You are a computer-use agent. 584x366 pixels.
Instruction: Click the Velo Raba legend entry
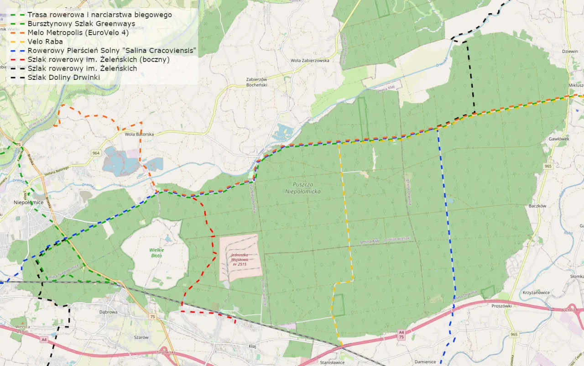coord(45,42)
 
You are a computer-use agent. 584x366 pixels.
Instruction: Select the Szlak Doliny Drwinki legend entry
coord(63,77)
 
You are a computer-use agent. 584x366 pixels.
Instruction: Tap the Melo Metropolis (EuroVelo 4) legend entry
coord(78,32)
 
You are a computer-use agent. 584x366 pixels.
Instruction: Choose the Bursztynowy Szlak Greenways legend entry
coord(81,24)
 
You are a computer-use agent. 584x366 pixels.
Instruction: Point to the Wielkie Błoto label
coord(156,252)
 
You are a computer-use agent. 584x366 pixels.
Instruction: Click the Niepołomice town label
coord(28,202)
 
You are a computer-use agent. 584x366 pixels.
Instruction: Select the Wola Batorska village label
coord(139,134)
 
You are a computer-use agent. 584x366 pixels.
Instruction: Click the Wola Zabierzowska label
coord(309,60)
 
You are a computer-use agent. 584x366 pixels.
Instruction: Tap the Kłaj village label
coord(252,346)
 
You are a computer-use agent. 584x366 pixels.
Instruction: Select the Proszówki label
coord(501,306)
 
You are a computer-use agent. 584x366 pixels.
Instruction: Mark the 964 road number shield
coord(95,153)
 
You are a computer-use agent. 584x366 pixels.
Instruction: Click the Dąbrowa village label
coord(108,312)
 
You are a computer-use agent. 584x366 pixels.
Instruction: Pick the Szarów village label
coord(141,337)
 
